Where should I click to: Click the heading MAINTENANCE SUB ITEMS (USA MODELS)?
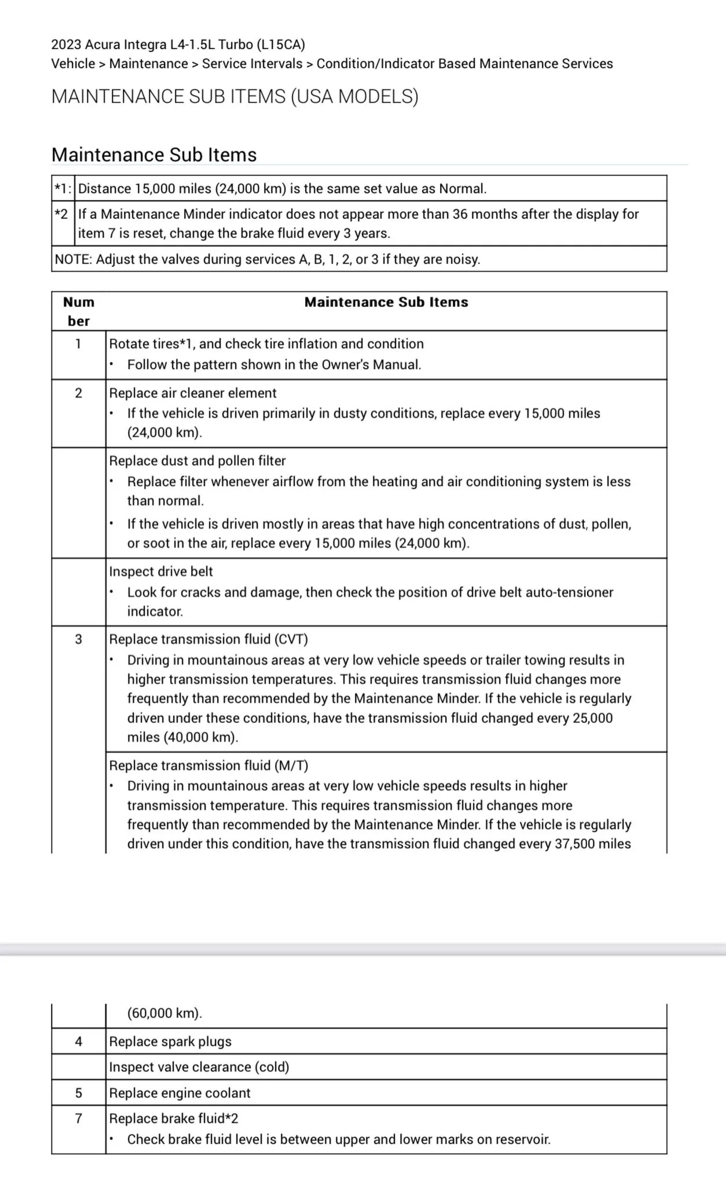click(x=234, y=96)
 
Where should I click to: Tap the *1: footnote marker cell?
click(x=63, y=189)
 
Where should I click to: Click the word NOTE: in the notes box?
click(x=74, y=259)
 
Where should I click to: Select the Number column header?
click(x=79, y=311)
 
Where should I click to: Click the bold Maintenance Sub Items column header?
click(x=386, y=302)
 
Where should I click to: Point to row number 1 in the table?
click(x=79, y=344)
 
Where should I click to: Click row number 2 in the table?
click(x=79, y=393)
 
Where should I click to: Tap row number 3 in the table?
click(x=79, y=639)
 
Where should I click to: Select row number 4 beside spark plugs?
click(x=79, y=1041)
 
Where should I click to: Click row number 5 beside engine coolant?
click(x=79, y=1093)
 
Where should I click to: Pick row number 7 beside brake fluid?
click(x=79, y=1118)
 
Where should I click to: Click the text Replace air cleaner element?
click(x=193, y=393)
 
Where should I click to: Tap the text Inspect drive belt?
click(x=161, y=571)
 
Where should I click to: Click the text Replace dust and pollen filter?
click(x=197, y=461)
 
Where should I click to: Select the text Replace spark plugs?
click(x=170, y=1041)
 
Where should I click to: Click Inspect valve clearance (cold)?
click(x=199, y=1067)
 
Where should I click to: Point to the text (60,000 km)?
click(x=164, y=1013)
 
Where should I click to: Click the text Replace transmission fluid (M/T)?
click(x=208, y=765)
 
